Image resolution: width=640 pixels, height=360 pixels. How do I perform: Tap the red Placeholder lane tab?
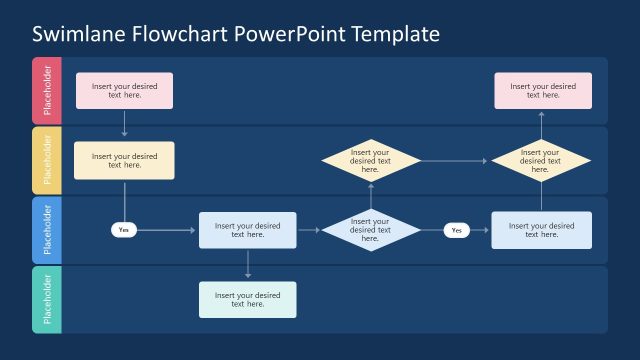point(47,91)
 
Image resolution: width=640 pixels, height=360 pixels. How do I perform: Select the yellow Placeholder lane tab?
point(47,160)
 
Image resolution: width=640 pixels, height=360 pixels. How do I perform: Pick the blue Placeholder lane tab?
point(47,230)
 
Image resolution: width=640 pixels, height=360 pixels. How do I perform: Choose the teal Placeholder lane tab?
point(47,299)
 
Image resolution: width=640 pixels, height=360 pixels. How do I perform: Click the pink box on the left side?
point(124,90)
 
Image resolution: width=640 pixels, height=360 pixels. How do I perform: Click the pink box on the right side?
point(543,90)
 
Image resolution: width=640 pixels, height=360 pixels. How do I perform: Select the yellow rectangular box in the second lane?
point(124,160)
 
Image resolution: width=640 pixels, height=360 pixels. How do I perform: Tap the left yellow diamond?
point(370,161)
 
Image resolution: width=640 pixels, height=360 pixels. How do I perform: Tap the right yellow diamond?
point(541,161)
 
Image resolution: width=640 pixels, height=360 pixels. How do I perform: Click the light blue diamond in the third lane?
point(370,230)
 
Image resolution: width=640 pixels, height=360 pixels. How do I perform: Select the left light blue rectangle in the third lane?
point(247,230)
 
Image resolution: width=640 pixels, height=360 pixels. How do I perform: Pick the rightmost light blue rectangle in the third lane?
point(541,230)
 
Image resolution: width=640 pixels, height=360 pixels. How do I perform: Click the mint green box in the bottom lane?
point(247,299)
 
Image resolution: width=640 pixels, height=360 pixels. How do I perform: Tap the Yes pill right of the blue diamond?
point(457,230)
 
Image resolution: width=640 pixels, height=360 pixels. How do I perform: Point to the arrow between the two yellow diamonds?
point(455,161)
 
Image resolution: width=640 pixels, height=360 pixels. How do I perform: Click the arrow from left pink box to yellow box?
point(124,124)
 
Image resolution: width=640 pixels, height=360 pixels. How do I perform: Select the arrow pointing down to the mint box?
point(247,264)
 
